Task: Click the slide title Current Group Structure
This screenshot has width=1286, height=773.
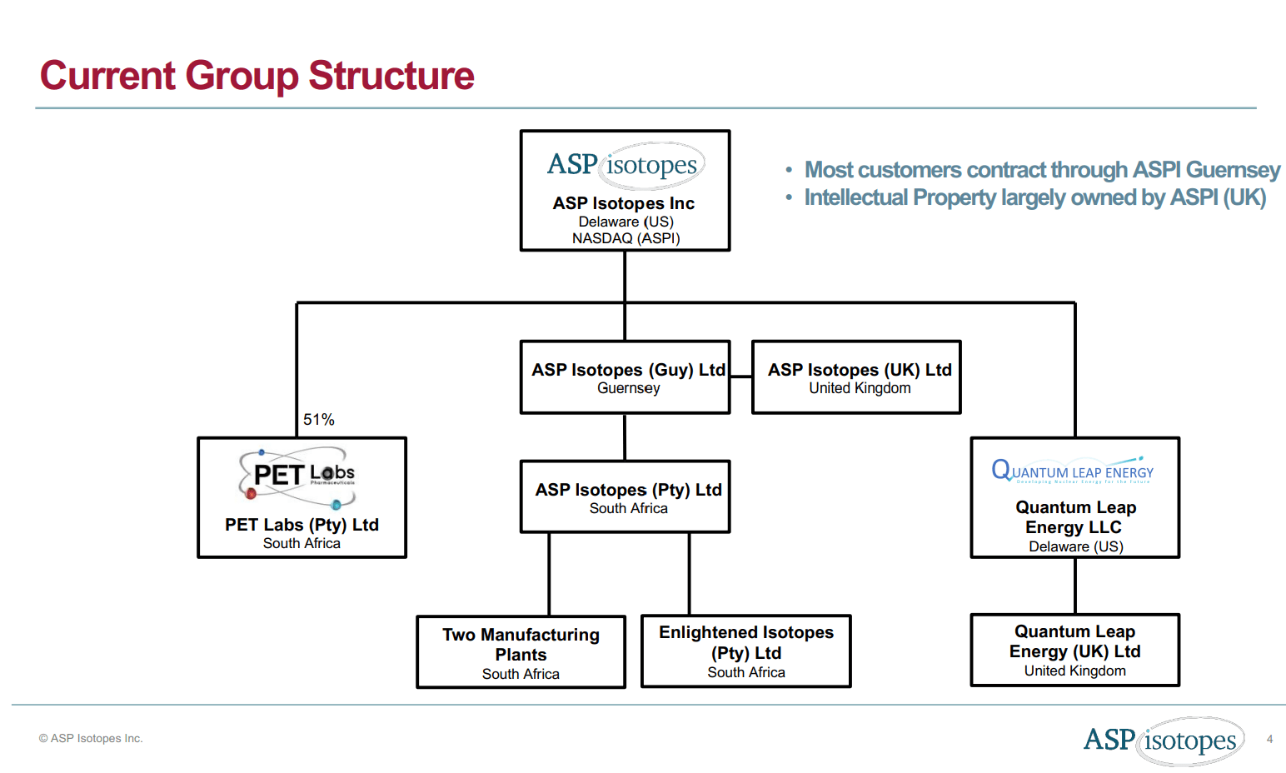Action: (257, 76)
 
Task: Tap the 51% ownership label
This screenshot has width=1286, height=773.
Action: (318, 420)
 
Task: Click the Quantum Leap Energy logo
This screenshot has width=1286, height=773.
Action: (1073, 471)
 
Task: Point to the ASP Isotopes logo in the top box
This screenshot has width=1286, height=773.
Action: (625, 165)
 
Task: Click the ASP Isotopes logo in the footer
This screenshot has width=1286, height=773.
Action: (1163, 740)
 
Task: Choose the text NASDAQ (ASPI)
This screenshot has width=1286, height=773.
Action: (626, 238)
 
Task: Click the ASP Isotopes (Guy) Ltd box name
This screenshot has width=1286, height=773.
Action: (628, 370)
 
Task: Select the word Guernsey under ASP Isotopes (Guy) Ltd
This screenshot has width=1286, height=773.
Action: (628, 388)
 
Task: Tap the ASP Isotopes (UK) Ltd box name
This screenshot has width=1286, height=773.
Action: (859, 370)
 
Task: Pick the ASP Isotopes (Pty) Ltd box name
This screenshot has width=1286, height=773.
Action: (628, 490)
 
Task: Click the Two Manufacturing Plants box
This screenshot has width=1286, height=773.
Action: (521, 652)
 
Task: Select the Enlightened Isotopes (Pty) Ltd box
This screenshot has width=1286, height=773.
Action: (745, 651)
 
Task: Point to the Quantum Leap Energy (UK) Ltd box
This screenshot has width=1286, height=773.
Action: (1074, 651)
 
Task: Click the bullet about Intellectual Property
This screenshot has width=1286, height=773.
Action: (1034, 197)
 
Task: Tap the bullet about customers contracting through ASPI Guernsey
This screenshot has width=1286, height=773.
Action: (1041, 170)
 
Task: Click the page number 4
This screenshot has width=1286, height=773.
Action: (1269, 739)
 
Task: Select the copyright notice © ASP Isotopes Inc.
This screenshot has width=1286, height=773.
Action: (91, 739)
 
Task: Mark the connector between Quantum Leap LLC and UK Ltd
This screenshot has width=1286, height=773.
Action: (1075, 586)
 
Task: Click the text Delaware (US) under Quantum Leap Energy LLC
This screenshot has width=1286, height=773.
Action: (1075, 546)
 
